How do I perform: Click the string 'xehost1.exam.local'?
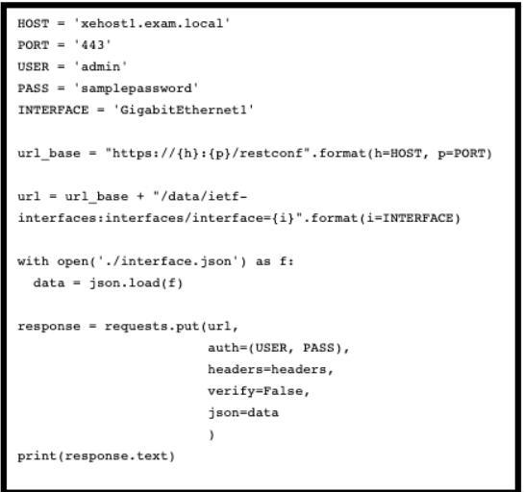pos(152,23)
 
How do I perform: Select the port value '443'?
pos(92,45)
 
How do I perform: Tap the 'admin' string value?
pos(100,66)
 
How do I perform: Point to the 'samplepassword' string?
pos(136,88)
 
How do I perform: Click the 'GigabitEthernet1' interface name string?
pos(184,110)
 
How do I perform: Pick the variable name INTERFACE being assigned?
pos(54,110)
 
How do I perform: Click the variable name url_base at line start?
pos(49,154)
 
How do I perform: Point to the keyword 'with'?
pos(33,261)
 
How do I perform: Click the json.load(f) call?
pos(136,283)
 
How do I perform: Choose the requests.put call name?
pos(152,327)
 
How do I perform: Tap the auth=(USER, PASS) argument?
pos(279,348)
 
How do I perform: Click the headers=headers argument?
pos(270,369)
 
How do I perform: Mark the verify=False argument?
pos(259,391)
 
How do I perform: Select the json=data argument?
pos(243,413)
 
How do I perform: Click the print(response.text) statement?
pos(96,455)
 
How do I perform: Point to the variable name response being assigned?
pos(49,327)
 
